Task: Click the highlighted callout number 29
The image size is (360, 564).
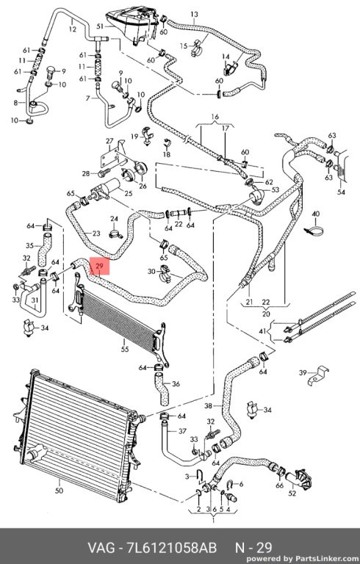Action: tap(100, 267)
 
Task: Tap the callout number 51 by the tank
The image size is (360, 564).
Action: tap(100, 26)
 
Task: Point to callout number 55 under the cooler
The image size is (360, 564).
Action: tap(125, 349)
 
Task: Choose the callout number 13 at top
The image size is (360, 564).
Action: tap(194, 15)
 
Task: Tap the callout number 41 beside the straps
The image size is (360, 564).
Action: tap(263, 330)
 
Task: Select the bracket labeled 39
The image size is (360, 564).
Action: tap(319, 375)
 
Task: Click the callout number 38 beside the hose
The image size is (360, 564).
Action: tap(209, 405)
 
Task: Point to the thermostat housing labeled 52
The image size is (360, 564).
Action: tap(298, 479)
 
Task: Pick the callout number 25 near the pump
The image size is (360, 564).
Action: tap(128, 193)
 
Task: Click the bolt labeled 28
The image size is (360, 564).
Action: tap(104, 173)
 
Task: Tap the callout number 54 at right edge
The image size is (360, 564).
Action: tap(341, 192)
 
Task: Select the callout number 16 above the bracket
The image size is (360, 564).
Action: tap(215, 117)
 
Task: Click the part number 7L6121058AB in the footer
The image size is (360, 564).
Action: tap(172, 548)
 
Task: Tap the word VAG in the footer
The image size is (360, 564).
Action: tap(102, 548)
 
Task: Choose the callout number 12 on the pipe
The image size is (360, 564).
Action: tap(72, 29)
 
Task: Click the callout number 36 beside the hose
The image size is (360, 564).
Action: tap(176, 384)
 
